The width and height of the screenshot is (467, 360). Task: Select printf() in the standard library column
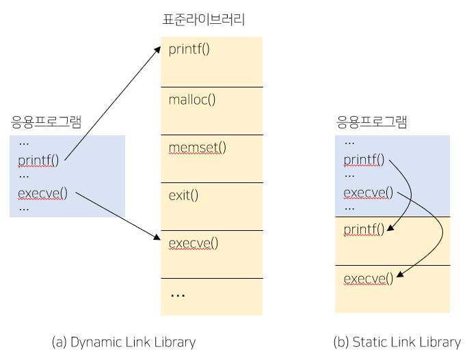(x=189, y=49)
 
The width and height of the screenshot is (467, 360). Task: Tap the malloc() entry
(x=192, y=100)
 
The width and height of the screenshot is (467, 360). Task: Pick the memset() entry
(x=198, y=147)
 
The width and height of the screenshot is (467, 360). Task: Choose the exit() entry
(x=183, y=195)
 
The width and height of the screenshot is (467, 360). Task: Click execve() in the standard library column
(x=194, y=243)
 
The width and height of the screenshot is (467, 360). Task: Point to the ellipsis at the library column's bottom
(x=177, y=294)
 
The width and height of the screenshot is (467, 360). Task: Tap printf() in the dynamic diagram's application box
(x=38, y=161)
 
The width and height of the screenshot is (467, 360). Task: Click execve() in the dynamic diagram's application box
(x=42, y=192)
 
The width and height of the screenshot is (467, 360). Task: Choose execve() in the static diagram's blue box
(x=369, y=192)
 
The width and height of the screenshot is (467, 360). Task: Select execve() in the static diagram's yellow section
(x=369, y=278)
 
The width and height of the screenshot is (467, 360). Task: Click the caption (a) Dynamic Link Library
(x=124, y=342)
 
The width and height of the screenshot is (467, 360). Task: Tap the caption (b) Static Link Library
(x=397, y=342)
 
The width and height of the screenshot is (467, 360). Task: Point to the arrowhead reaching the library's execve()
(x=156, y=238)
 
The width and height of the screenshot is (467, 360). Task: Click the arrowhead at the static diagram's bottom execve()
(x=399, y=276)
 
